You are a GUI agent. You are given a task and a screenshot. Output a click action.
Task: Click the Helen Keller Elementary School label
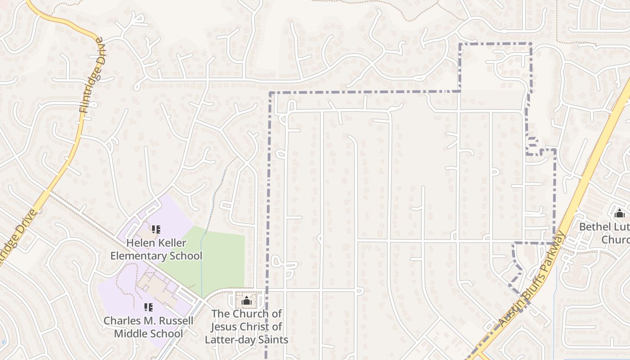pyautogui.click(x=156, y=249)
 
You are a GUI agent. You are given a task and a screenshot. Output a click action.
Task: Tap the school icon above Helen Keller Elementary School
pyautogui.click(x=156, y=230)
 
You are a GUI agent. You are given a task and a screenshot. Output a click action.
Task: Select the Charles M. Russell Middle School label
pyautogui.click(x=148, y=327)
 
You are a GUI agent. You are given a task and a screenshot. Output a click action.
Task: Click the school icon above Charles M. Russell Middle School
pyautogui.click(x=148, y=307)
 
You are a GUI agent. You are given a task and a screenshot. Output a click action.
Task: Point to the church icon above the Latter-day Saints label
pyautogui.click(x=247, y=301)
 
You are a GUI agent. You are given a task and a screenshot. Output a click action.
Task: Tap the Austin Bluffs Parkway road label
pyautogui.click(x=532, y=279)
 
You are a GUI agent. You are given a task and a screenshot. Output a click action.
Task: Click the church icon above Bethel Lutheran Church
pyautogui.click(x=620, y=213)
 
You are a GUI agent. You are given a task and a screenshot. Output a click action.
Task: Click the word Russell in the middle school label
pyautogui.click(x=175, y=321)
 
